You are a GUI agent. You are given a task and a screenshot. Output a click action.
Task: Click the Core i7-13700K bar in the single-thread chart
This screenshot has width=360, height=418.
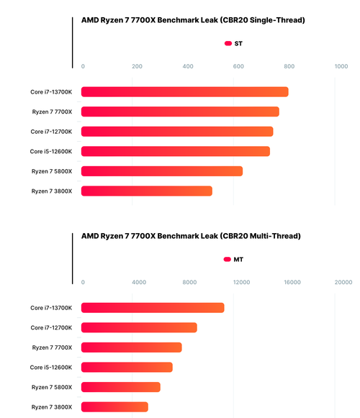point(184,91)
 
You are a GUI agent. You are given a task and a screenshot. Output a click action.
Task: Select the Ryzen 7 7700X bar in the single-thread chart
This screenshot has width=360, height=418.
point(180,112)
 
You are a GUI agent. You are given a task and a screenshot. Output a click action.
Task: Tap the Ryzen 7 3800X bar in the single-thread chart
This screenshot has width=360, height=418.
point(147,191)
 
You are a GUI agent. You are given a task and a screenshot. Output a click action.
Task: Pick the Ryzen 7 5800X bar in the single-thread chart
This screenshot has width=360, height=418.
point(162,171)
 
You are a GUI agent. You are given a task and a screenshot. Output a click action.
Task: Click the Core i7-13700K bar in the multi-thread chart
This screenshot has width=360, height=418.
point(153,308)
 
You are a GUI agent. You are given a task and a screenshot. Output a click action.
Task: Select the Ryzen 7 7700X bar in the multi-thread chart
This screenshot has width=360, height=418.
point(132,347)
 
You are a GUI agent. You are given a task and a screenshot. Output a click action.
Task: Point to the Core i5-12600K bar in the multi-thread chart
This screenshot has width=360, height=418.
point(127,367)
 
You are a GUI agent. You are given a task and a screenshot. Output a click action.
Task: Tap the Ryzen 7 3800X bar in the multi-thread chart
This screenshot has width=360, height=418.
point(114,406)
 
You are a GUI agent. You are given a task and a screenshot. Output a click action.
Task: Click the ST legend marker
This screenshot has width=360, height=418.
point(228,43)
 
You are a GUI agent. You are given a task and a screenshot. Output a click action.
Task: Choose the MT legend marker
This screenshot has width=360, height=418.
point(227,260)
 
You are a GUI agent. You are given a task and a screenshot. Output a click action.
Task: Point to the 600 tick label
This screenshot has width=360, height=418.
point(238,66)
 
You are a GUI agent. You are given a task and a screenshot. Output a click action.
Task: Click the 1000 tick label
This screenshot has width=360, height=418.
point(341,66)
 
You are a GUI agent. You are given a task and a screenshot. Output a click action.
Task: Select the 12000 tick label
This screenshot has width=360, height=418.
point(241,282)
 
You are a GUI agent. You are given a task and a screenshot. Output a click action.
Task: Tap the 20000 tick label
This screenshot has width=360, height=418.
point(343,282)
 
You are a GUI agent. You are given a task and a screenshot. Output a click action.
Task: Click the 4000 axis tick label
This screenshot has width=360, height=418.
point(139,282)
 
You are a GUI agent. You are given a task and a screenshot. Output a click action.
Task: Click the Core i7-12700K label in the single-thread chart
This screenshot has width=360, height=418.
point(51,132)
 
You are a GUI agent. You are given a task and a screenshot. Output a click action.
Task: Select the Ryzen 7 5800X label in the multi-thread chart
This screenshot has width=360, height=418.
point(52,387)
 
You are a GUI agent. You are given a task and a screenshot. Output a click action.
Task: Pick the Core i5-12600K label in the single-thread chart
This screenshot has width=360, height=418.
point(51,151)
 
